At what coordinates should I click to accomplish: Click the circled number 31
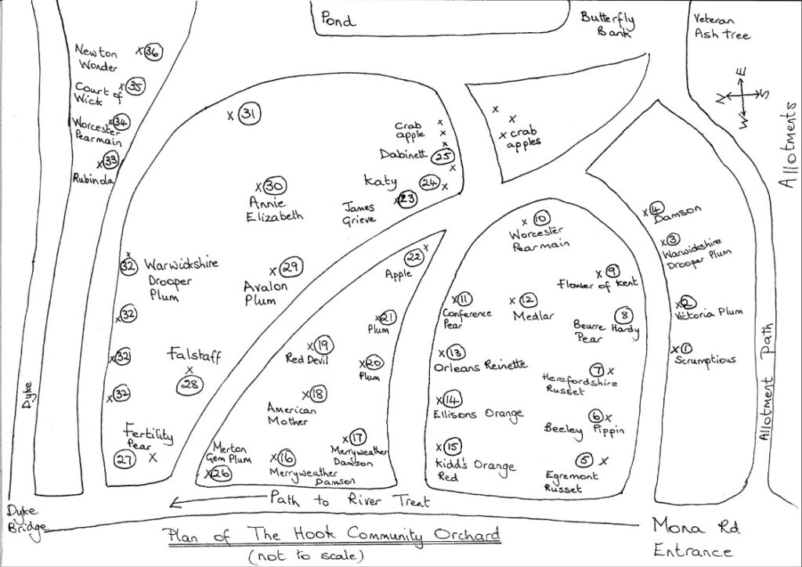coord(250,114)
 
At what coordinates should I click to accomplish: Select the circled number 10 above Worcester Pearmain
coord(541,218)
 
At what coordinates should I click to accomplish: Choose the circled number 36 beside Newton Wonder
coord(153,52)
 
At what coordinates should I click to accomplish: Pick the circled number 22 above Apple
coord(414,258)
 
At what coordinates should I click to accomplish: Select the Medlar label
coord(534,315)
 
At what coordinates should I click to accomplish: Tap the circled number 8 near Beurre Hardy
coord(624,316)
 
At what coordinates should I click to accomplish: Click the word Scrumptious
coord(705,360)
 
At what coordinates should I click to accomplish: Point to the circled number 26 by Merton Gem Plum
coord(222,473)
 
